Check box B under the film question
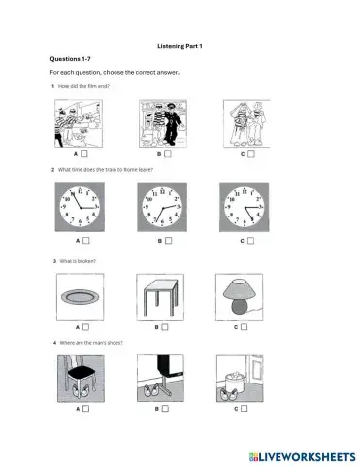point(168,153)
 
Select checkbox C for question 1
point(250,153)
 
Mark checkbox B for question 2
point(168,238)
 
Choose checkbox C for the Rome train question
point(250,238)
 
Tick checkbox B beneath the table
point(168,327)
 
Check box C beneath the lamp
point(250,327)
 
